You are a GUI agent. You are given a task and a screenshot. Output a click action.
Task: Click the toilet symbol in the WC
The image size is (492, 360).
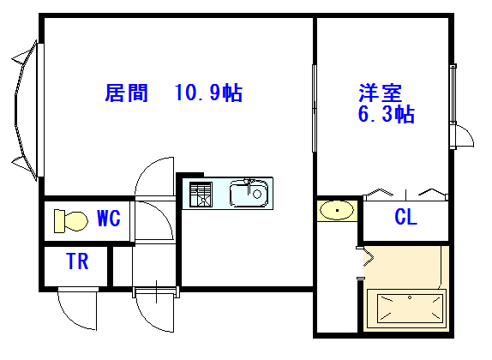pos(70,220)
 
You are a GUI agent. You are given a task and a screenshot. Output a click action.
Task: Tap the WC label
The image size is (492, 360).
pos(109,218)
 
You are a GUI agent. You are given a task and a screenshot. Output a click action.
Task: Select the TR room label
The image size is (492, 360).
pos(77,261)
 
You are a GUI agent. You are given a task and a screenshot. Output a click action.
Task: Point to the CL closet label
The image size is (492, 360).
pos(405,217)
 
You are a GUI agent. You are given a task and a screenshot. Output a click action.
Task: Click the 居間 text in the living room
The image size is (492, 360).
pos(126,93)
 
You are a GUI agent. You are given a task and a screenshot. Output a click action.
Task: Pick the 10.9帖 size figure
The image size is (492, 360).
pos(208,93)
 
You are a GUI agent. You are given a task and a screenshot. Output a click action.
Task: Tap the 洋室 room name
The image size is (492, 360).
pos(381,93)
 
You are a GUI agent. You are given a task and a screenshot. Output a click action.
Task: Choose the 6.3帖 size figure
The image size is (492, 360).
pos(387,114)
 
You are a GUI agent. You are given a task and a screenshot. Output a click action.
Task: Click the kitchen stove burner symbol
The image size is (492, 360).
pos(201,195)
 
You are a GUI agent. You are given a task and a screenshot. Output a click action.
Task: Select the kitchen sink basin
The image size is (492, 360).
pos(249,194)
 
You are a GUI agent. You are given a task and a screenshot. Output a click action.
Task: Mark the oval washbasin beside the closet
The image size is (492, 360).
pos(337,210)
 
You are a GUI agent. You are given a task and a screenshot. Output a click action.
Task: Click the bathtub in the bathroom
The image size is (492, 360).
pos(406,309)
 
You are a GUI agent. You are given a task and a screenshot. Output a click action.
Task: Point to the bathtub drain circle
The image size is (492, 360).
pos(410,297)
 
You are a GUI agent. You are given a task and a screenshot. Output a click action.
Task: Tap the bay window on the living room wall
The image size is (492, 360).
pos(27,111)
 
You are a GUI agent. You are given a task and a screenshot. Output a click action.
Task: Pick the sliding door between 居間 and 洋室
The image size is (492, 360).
pos(314,108)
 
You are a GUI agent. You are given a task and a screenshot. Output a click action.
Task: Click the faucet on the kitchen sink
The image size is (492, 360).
pos(249,185)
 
